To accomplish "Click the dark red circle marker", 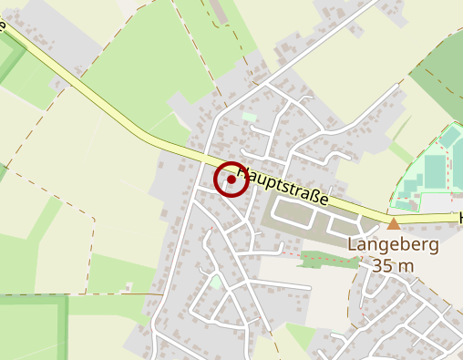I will point(231,180).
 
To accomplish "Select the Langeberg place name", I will point(394,245).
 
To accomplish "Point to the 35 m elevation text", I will point(394,265).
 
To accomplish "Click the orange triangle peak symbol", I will point(394,223).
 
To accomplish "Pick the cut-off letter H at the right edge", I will point(460,219).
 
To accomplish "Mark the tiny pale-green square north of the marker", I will point(250,117).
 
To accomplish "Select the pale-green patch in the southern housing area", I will point(216,283).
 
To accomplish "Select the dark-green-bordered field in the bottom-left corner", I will point(32,328).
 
